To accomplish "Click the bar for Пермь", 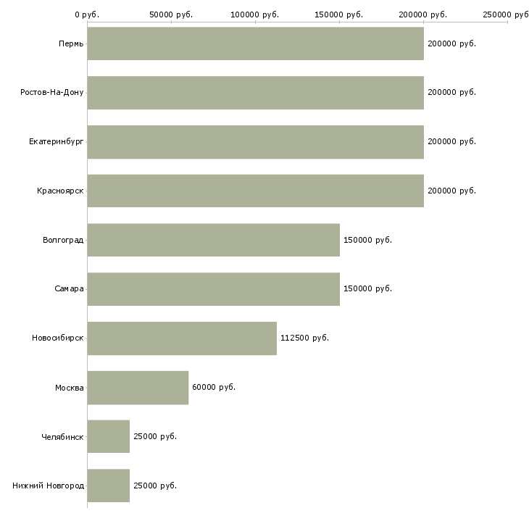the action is click(255, 43).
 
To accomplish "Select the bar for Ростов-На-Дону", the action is click(255, 93).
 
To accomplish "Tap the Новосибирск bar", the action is click(182, 338).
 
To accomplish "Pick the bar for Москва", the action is click(138, 388).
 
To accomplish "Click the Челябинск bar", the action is click(108, 436).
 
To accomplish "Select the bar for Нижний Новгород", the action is click(108, 486).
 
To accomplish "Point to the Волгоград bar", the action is click(214, 240).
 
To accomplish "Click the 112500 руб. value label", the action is click(304, 338).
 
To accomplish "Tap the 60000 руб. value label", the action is click(214, 387).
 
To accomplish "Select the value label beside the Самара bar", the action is click(367, 288).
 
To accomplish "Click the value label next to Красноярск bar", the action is click(451, 191).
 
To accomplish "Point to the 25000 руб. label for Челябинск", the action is click(155, 436).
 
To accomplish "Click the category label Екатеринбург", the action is click(56, 142).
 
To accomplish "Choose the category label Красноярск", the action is click(60, 191).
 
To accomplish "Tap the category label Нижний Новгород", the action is click(48, 486).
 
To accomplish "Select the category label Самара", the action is click(69, 289).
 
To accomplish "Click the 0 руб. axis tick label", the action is click(87, 14).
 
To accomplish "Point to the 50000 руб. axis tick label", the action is click(171, 14).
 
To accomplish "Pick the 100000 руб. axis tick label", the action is click(254, 14).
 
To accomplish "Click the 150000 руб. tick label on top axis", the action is click(338, 14).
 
